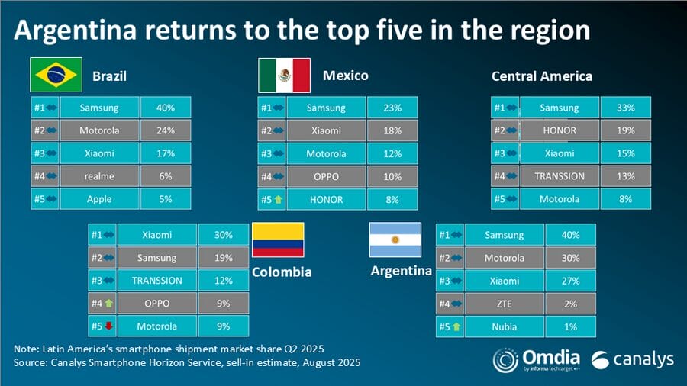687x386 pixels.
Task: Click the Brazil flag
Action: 56,75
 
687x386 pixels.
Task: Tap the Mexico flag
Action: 284,75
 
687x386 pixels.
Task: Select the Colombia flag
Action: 278,240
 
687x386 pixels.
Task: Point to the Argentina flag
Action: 395,240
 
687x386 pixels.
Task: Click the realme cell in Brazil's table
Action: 99,176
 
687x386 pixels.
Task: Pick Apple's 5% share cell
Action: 165,199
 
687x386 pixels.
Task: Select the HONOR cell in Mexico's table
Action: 326,199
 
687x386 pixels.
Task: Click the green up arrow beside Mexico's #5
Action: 278,199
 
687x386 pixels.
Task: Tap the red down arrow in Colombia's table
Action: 108,326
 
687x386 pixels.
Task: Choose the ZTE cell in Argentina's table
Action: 504,304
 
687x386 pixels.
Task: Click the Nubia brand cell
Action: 504,326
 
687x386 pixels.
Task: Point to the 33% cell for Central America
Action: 626,108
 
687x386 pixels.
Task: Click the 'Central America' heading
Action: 542,76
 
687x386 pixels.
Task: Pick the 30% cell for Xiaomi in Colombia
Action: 224,235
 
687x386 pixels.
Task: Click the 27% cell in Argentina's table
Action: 569,281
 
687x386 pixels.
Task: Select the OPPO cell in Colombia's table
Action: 157,303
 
